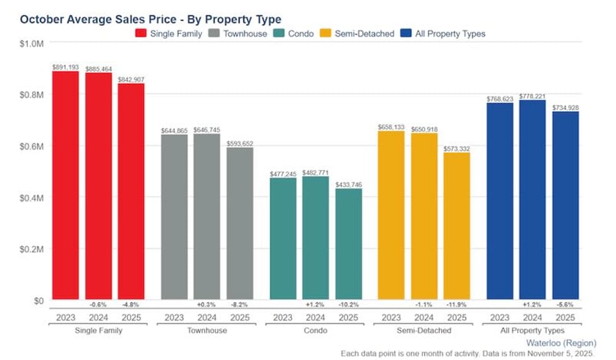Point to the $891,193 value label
tap(66, 66)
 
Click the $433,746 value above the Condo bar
tap(349, 184)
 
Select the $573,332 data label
tap(457, 148)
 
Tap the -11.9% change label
tap(457, 304)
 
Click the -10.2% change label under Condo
tap(349, 304)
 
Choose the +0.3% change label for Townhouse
tap(207, 304)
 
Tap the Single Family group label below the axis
tap(98, 330)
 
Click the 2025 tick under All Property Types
tap(565, 317)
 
